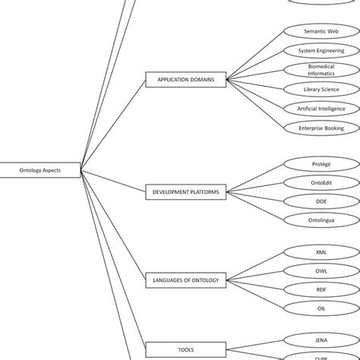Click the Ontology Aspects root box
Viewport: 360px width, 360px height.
(39, 171)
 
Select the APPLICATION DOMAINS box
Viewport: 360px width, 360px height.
(185, 79)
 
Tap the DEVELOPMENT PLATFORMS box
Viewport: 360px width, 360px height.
(185, 192)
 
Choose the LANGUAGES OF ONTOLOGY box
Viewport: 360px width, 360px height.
(185, 280)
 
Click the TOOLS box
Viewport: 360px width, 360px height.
(185, 349)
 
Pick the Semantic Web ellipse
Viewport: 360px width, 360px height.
(321, 31)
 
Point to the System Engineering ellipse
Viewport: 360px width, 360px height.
(321, 50)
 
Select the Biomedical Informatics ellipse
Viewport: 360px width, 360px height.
(321, 70)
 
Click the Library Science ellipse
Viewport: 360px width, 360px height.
(321, 90)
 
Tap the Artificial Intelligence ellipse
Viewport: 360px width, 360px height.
(321, 109)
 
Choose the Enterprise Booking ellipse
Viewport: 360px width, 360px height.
(321, 128)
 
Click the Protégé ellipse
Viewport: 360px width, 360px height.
(321, 163)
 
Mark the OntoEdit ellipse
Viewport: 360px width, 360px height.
(321, 182)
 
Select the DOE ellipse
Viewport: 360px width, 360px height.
(321, 201)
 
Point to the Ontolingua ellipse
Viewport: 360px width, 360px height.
(321, 220)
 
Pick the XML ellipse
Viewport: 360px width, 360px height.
(321, 251)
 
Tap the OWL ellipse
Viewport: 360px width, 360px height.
(321, 270)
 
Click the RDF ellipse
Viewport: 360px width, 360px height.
(321, 289)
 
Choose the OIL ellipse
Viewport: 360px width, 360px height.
(321, 308)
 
